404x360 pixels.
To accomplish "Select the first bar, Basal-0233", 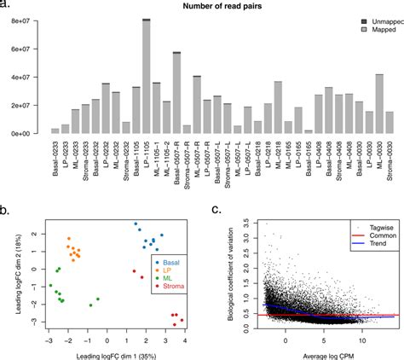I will coord(55,131).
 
